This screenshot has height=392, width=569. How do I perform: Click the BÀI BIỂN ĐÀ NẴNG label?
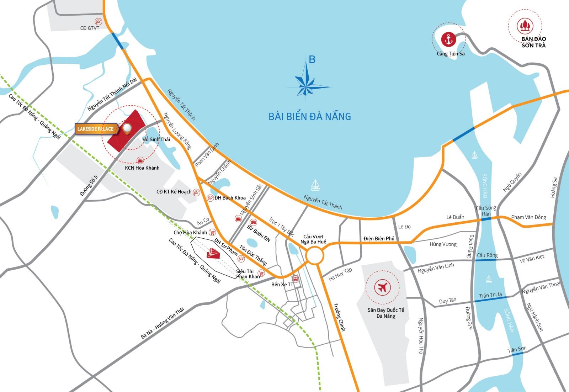[310, 116]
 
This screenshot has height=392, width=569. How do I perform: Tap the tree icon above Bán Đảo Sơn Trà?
[525, 26]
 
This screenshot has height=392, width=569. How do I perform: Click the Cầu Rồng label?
[487, 255]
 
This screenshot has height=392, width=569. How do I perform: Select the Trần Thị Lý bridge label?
[491, 295]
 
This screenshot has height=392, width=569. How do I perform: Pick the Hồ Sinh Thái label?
[156, 139]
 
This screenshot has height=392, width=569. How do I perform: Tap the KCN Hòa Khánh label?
[142, 168]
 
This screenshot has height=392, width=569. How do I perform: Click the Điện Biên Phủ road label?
[379, 238]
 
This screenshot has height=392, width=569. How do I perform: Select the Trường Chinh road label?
[339, 317]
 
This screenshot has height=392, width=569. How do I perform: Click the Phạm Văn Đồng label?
[528, 217]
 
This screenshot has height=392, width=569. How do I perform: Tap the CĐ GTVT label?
[90, 28]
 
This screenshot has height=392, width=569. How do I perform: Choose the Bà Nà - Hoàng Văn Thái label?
[163, 323]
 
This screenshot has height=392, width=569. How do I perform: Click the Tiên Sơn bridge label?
[517, 349]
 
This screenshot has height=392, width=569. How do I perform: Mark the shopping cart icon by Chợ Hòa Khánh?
[213, 232]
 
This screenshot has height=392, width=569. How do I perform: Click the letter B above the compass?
[312, 60]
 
